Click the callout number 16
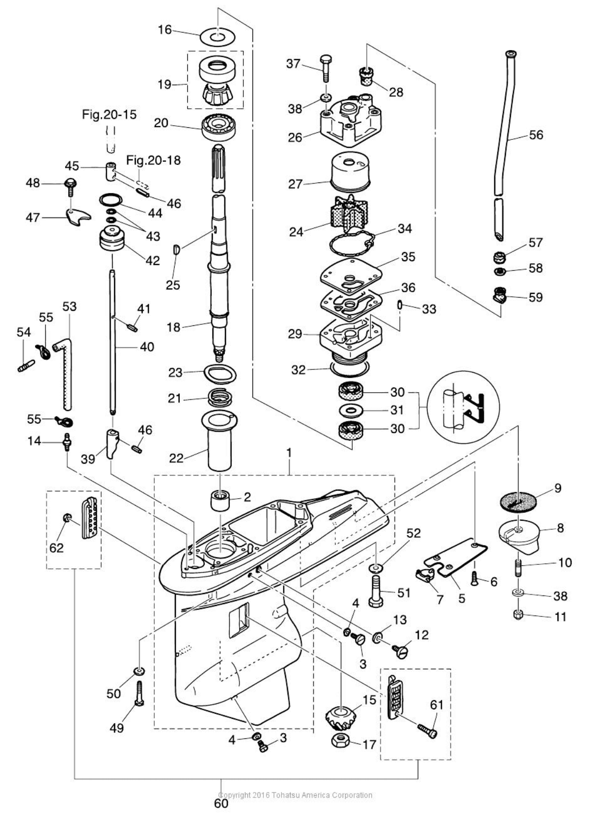(x=165, y=30)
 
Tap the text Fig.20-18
(x=153, y=160)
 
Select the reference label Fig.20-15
(x=109, y=115)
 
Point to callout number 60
(x=221, y=803)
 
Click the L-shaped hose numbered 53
(x=67, y=371)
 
